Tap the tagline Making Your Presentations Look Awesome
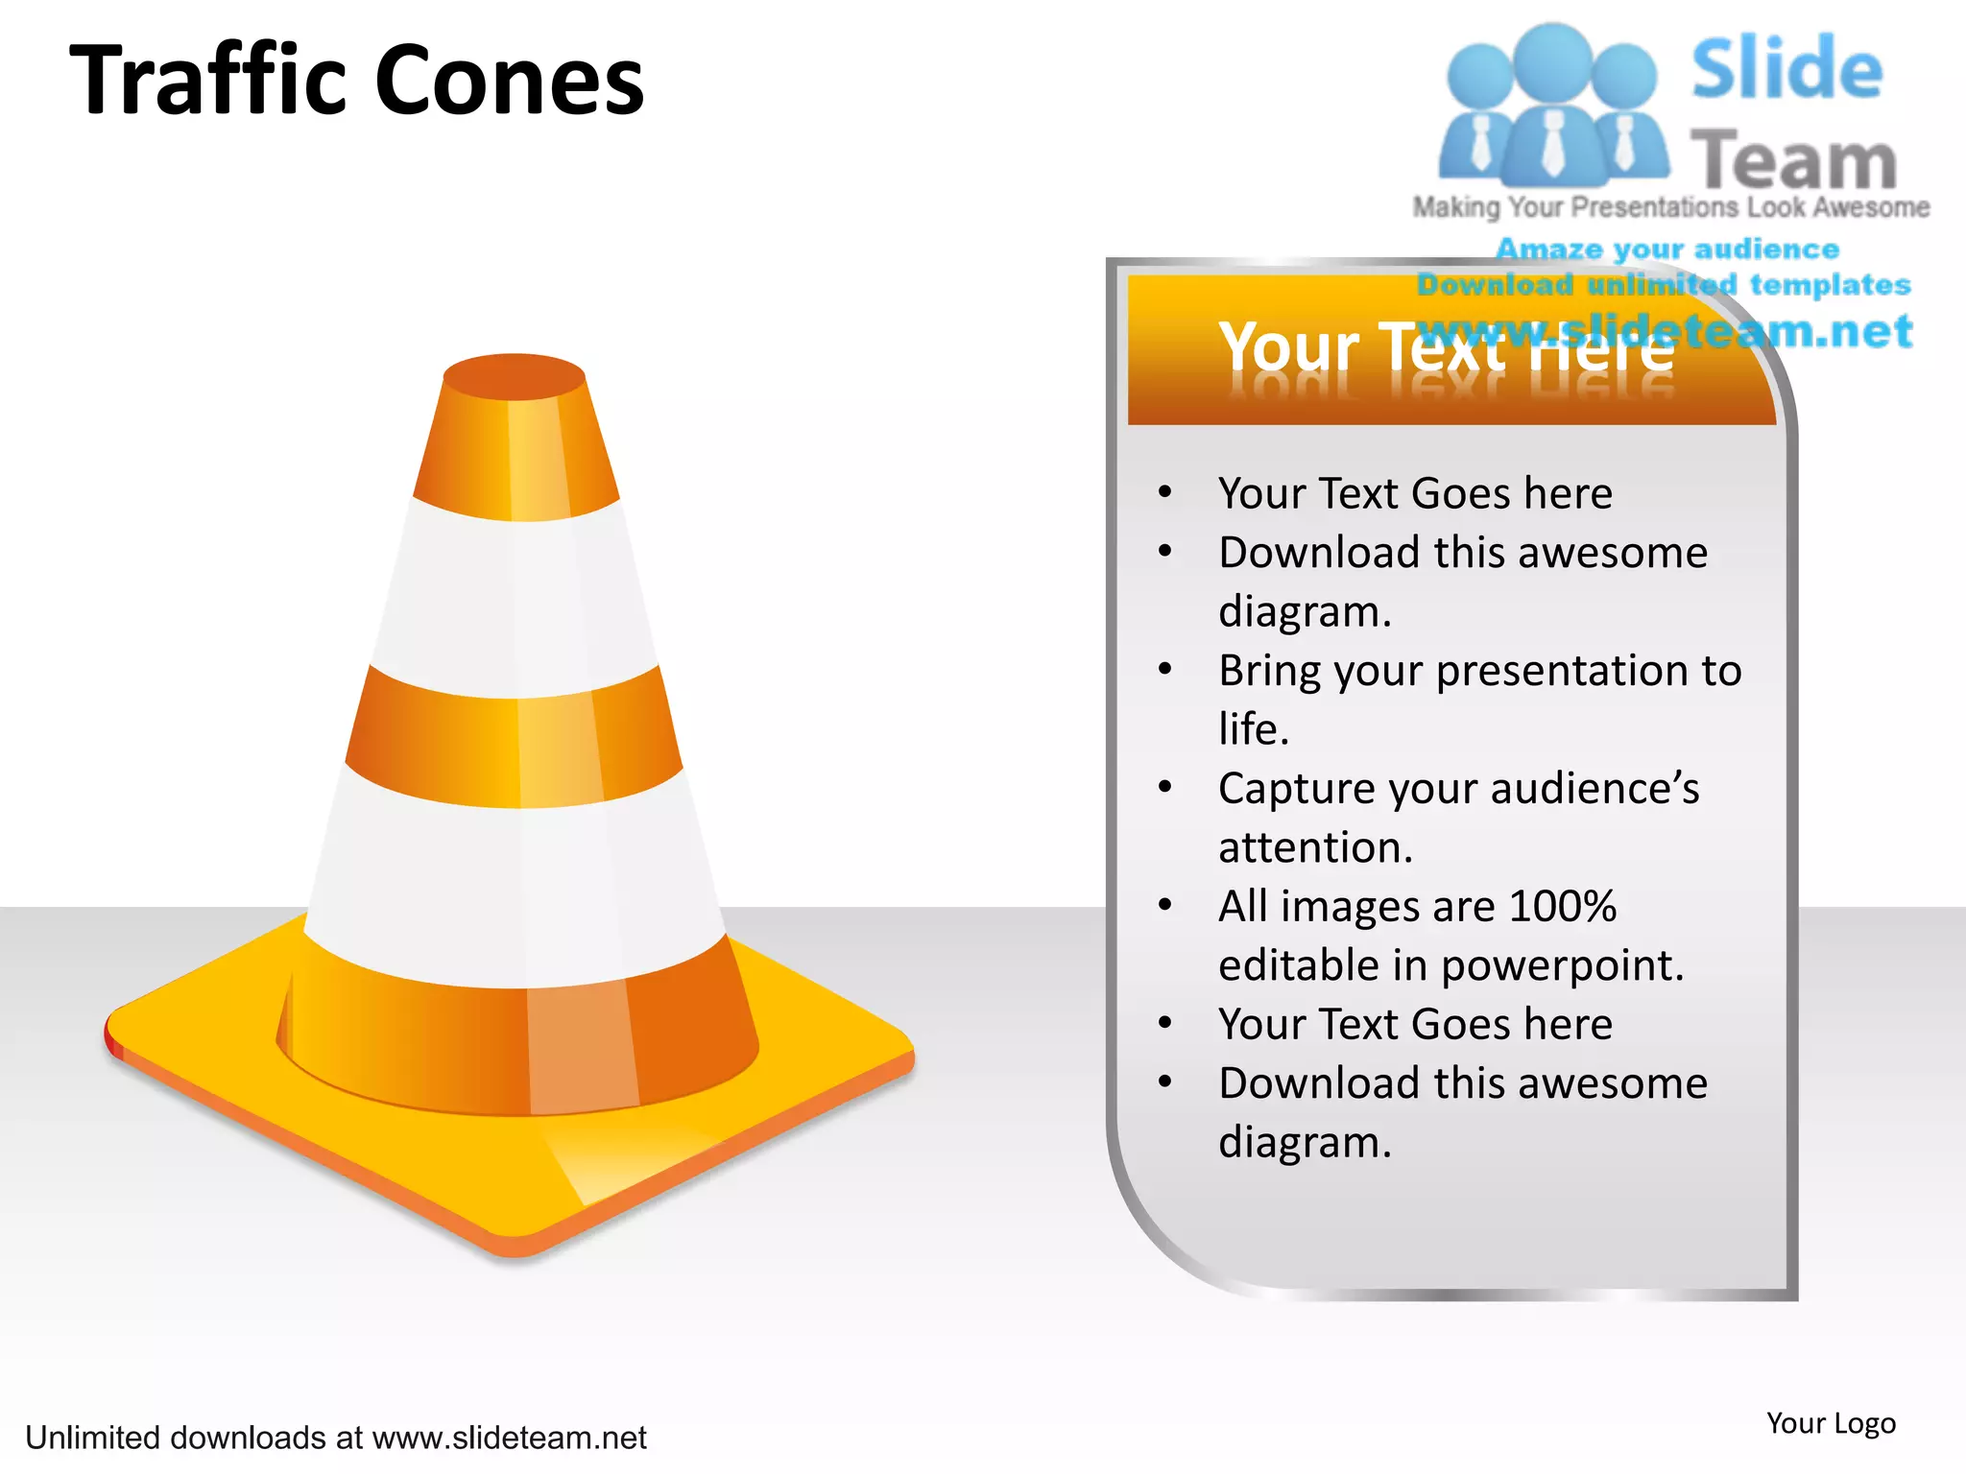click(x=1670, y=207)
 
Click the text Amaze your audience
click(x=1667, y=250)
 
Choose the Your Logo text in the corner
click(x=1831, y=1423)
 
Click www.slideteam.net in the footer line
click(x=509, y=1438)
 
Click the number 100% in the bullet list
click(x=1562, y=906)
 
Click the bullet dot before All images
click(x=1165, y=905)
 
